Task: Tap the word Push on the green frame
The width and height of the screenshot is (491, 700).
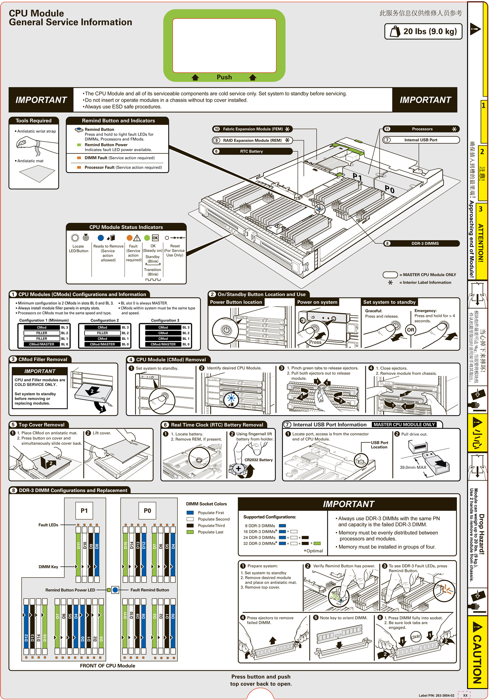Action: point(224,77)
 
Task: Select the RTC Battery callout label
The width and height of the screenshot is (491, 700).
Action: point(251,151)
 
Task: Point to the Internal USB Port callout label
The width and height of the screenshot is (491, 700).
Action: point(421,140)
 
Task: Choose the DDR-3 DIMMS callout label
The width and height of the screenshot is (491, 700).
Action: point(425,243)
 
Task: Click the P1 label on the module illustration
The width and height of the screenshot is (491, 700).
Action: point(357,176)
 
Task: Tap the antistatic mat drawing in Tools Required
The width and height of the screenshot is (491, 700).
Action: point(37,174)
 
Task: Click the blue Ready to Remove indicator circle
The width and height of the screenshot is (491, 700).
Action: point(101,238)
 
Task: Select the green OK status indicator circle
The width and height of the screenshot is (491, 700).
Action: point(147,238)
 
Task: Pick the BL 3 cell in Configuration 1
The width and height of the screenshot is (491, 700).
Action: point(64,328)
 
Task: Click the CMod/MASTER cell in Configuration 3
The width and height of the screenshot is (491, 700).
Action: point(163,344)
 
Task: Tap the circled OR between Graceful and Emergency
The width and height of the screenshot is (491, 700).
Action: point(410,330)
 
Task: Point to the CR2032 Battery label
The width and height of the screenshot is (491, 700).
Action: point(258,460)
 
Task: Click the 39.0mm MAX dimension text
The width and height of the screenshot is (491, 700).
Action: point(413,467)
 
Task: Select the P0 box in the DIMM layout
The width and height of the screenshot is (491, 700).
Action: point(147,511)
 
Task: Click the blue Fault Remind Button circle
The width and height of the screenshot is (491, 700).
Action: point(115,590)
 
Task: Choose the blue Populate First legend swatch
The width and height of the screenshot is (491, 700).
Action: point(190,513)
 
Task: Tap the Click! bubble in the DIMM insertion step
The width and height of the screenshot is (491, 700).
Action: point(415,637)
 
